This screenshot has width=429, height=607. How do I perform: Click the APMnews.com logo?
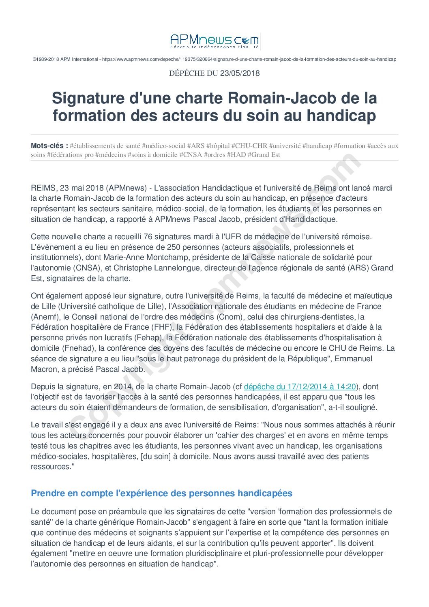[x=214, y=41]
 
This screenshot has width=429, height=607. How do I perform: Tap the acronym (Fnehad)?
[x=79, y=348]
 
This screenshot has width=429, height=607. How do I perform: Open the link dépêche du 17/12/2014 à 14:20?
[x=300, y=386]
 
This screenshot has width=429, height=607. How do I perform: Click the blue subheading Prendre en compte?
[x=161, y=493]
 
